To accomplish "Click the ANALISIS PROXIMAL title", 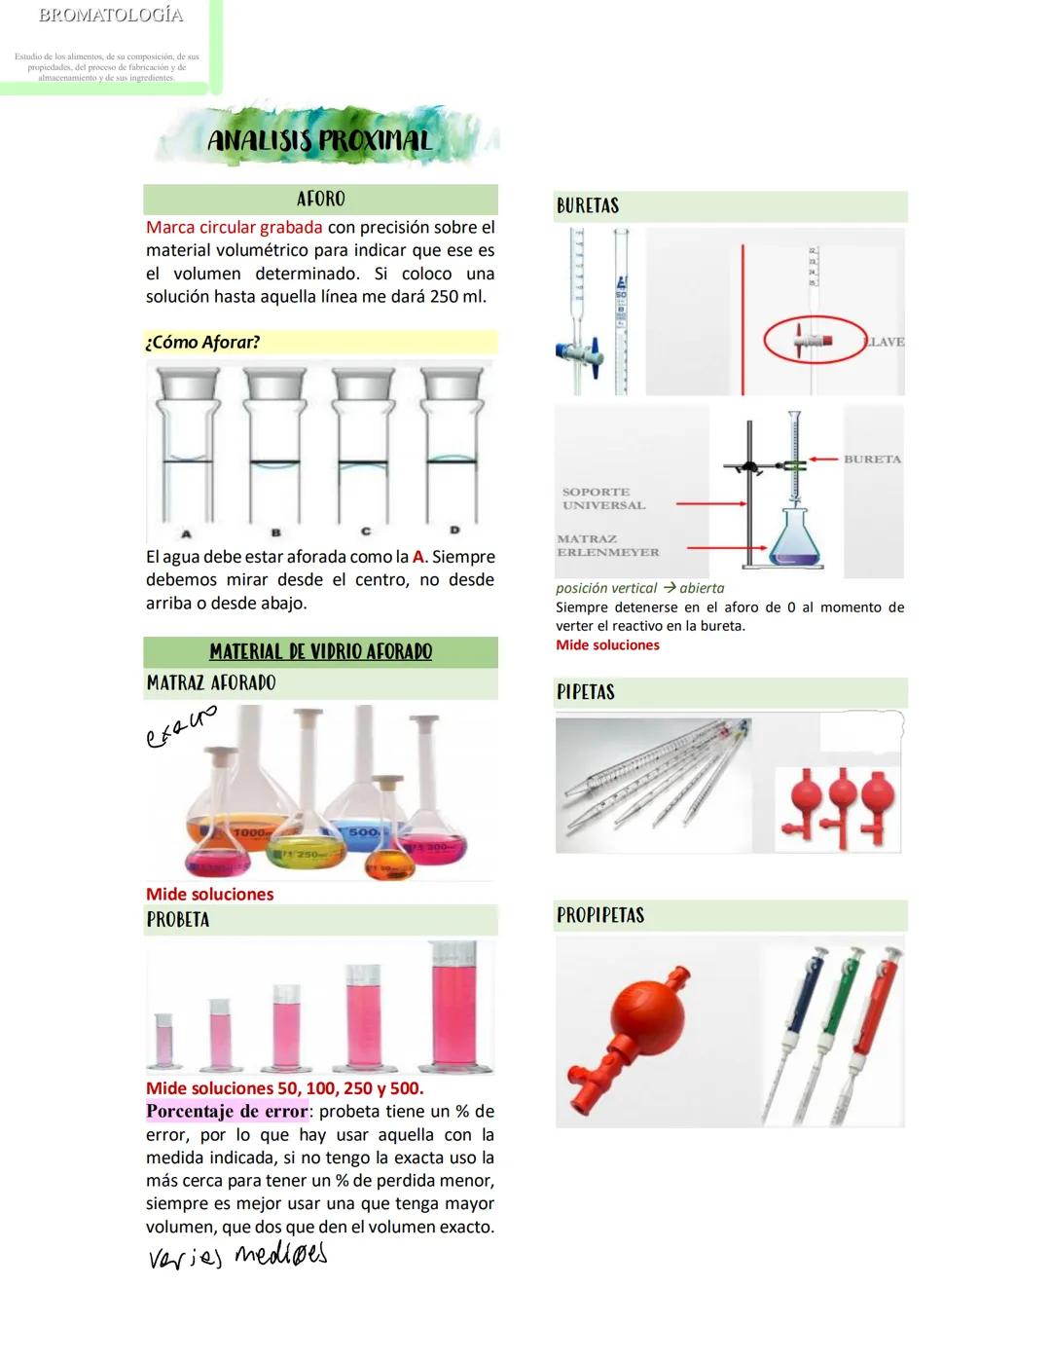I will (319, 141).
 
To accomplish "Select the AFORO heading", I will (320, 199).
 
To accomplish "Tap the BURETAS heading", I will (588, 206).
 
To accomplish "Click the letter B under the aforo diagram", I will (276, 533).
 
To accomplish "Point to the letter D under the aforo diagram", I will (454, 531).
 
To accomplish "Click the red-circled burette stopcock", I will (814, 340).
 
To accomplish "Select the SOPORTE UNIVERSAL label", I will (602, 498).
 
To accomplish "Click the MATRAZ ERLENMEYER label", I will (607, 545).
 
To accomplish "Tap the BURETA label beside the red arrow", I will (872, 459).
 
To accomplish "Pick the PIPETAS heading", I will (586, 692).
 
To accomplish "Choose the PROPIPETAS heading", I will (600, 915).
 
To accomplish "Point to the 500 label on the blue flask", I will (364, 832).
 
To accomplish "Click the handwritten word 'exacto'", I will (180, 728).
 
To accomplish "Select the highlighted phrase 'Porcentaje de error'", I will (227, 1112).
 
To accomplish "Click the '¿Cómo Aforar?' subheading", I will (202, 343).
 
